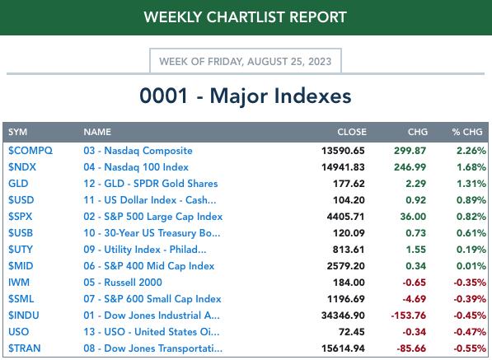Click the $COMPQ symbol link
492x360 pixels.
tap(30, 151)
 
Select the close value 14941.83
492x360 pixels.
tap(343, 167)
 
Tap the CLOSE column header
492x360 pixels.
tap(352, 132)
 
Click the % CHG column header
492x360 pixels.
tap(467, 132)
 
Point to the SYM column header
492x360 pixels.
tap(17, 132)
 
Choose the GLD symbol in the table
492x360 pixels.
tap(18, 184)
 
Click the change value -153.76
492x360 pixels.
tap(409, 316)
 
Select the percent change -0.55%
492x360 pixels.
tap(470, 348)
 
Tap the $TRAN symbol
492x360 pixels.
tap(25, 348)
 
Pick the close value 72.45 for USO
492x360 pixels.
tap(351, 332)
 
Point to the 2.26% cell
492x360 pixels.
tap(471, 151)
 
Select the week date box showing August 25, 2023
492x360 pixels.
tap(246, 60)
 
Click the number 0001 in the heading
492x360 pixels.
tap(163, 96)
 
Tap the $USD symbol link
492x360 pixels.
tap(21, 200)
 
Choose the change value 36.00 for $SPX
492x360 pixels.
tap(413, 217)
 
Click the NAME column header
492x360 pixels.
tap(97, 132)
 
